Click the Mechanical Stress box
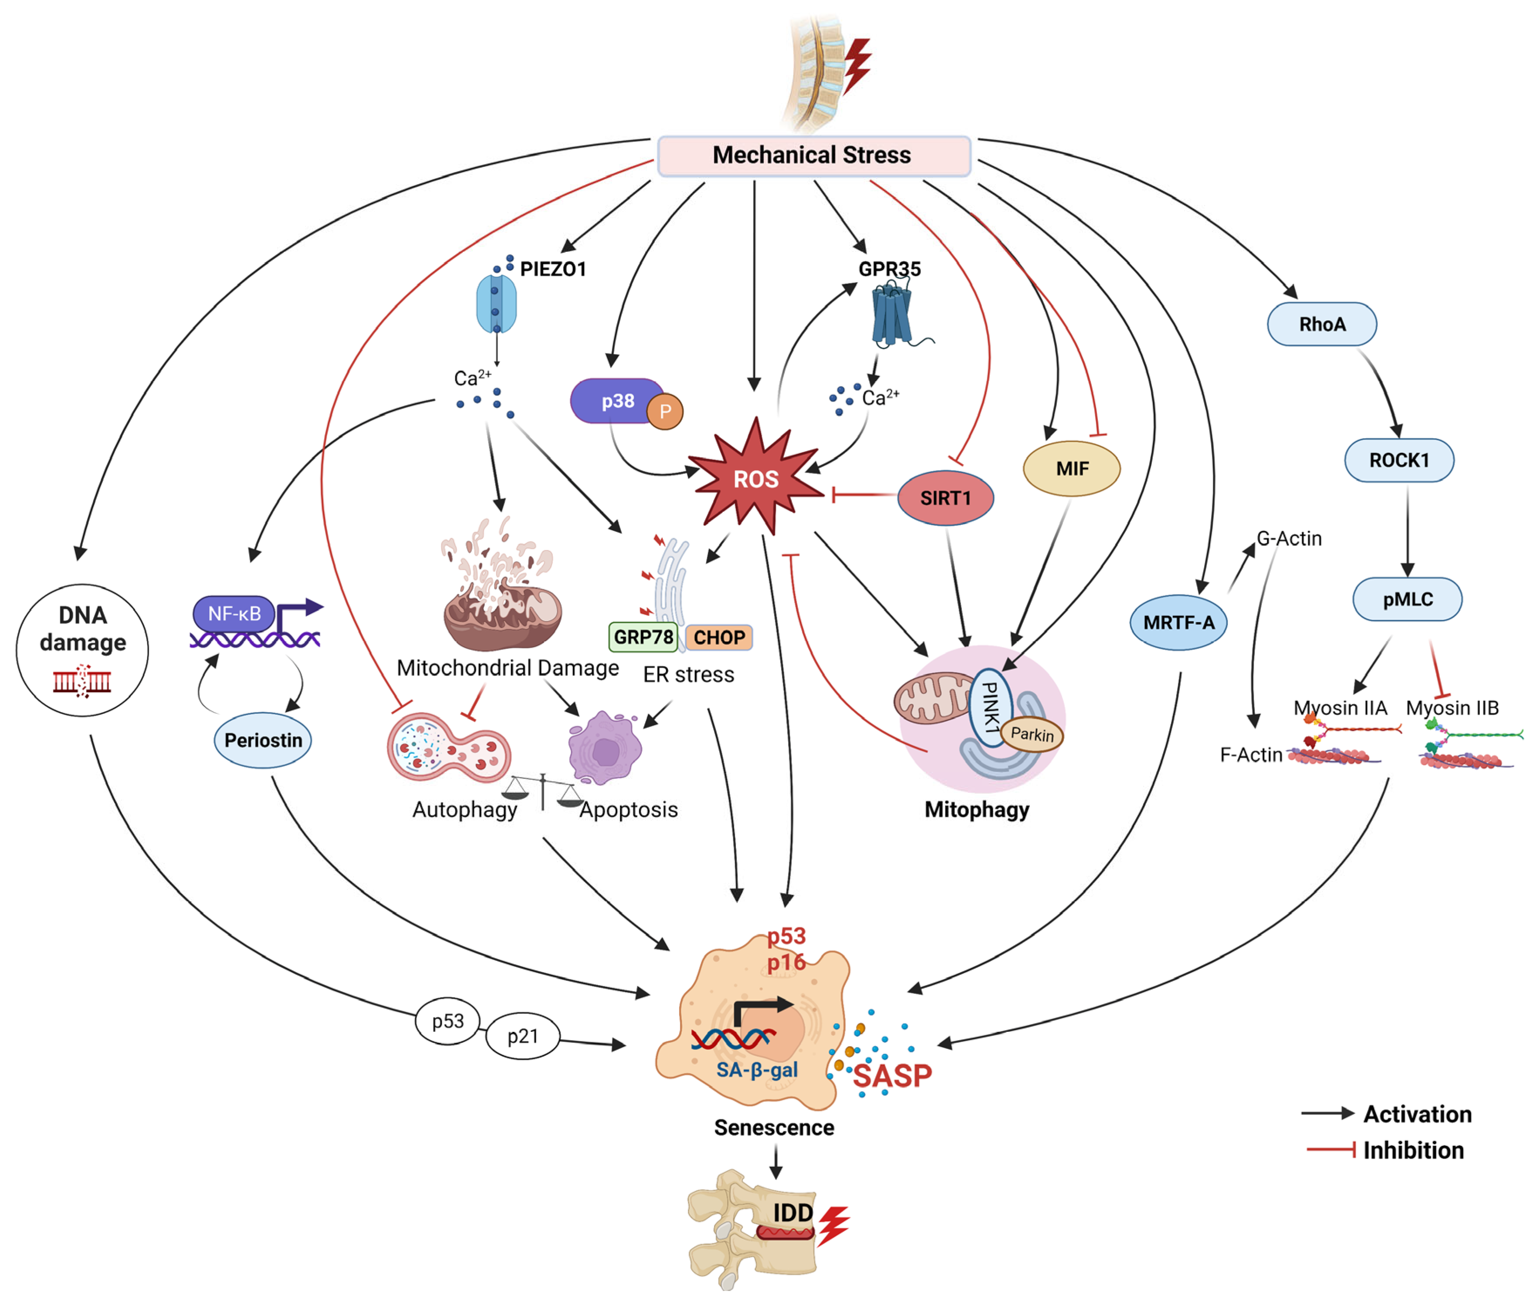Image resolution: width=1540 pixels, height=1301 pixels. tap(813, 155)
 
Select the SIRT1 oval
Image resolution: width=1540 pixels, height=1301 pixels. tap(945, 498)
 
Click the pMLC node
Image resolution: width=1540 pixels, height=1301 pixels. tap(1407, 599)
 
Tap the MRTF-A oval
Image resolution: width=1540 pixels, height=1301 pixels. tap(1178, 622)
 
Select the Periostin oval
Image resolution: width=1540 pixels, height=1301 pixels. tap(263, 740)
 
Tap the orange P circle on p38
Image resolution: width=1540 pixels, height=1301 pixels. tap(664, 412)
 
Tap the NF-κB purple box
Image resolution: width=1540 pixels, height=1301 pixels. tap(234, 613)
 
